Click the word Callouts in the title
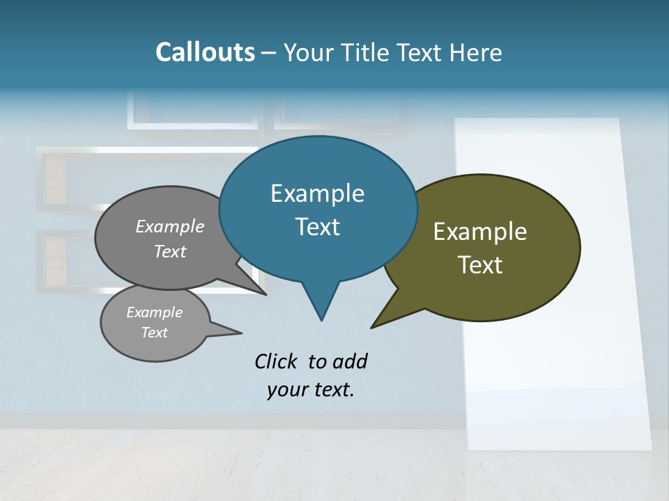pos(205,52)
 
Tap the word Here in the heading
pos(476,52)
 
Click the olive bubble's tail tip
pos(372,326)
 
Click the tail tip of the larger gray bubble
pos(266,294)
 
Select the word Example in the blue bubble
pos(317,193)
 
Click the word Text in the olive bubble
pos(480,264)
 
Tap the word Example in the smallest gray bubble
pos(154,312)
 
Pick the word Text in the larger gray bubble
pos(170,251)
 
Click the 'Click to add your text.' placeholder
pos(311,375)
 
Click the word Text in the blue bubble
pos(317,227)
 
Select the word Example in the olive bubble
pos(480,232)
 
